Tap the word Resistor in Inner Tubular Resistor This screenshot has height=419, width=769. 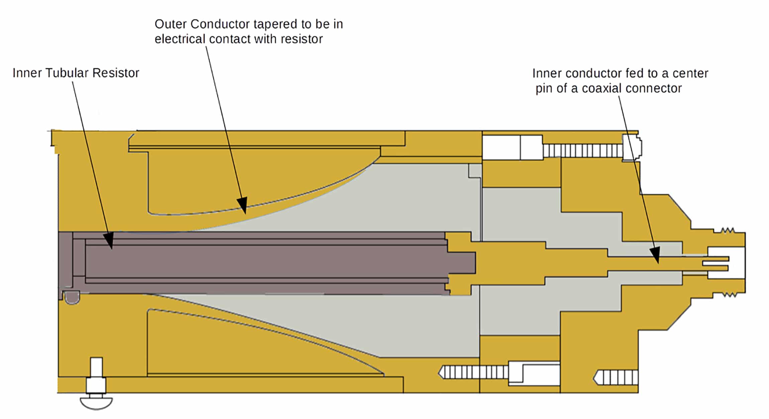115,73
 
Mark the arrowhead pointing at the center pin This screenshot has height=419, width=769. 656,256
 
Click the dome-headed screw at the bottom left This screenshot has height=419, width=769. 96,402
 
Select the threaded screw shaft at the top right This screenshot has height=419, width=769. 582,151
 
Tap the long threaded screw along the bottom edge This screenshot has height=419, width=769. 475,372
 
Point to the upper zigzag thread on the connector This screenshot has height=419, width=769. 727,230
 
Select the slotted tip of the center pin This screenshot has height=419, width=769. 716,264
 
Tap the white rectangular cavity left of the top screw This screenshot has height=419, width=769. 501,147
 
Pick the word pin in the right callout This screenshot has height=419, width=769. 544,88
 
